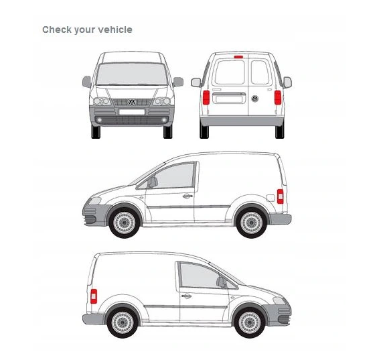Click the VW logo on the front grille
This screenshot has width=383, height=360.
click(132, 102)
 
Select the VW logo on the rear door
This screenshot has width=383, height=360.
click(254, 99)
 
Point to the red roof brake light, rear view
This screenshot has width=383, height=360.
click(238, 57)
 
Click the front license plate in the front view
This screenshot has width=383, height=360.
click(132, 112)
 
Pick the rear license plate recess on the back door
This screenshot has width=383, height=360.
click(229, 99)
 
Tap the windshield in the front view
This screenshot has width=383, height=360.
click(132, 74)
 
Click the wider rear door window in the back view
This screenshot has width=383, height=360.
click(230, 72)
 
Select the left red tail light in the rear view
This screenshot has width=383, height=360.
click(206, 98)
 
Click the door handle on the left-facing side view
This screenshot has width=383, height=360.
click(187, 196)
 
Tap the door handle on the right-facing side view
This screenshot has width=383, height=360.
click(186, 296)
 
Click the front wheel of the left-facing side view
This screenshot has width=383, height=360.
click(125, 223)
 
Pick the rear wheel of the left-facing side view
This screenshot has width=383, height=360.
click(251, 223)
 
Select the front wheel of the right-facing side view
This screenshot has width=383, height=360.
click(250, 322)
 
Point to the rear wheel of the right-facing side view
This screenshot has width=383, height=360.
click(123, 322)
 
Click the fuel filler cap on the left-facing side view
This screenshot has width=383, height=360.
click(271, 198)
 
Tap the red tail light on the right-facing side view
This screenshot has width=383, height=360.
click(94, 296)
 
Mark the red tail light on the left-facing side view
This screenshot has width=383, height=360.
click(280, 196)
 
